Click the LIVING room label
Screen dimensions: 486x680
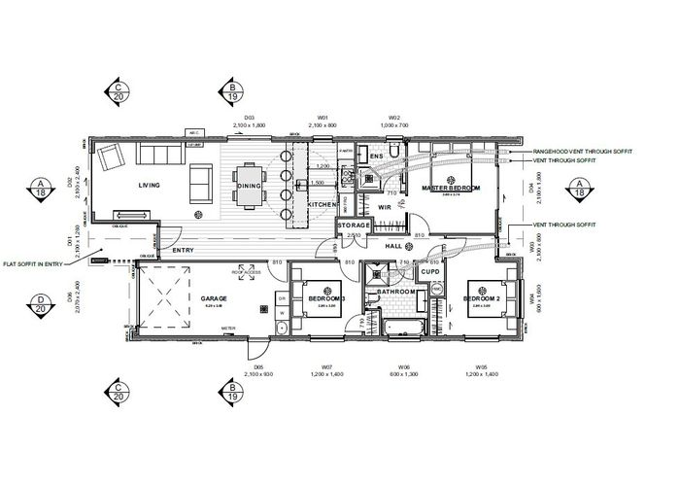[x=149, y=185]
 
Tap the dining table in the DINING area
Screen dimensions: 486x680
[x=250, y=185]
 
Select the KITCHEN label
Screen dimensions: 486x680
[x=322, y=206]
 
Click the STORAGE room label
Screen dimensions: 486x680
[x=354, y=226]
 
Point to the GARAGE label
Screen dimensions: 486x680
[x=214, y=299]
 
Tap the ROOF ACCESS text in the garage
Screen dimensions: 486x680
[x=247, y=272]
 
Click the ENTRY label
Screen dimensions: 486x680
[x=183, y=251]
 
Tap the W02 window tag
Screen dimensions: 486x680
[x=394, y=119]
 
